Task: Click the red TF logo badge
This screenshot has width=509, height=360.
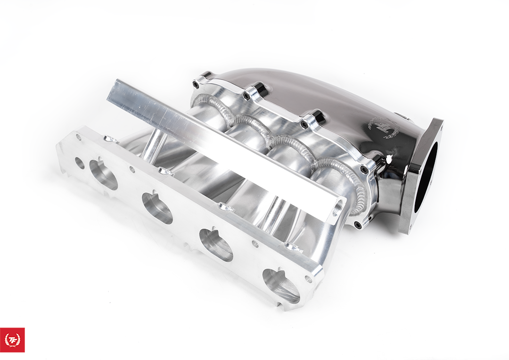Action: tap(12, 340)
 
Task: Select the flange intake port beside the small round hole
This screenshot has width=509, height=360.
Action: tap(103, 174)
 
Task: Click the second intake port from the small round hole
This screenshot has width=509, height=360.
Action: tap(157, 208)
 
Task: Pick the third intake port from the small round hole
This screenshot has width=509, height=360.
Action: tap(216, 245)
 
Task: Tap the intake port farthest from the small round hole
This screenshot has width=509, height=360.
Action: tap(281, 286)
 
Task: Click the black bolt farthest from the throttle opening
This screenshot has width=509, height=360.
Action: tap(196, 84)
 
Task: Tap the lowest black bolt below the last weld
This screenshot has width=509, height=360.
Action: tap(358, 225)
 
